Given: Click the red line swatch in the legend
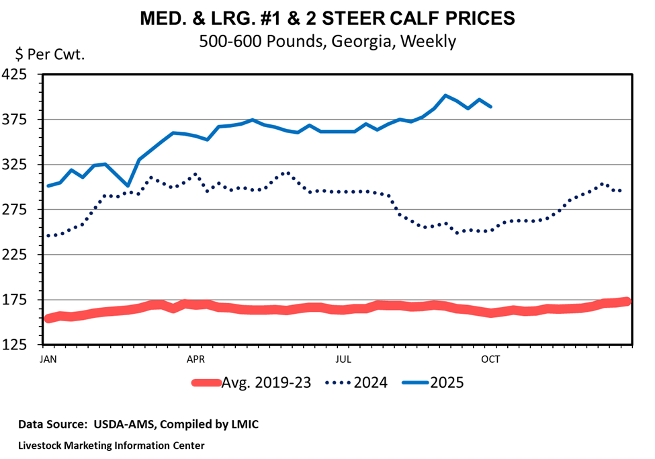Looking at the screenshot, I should tap(206, 382).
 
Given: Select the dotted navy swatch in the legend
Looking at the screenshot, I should tap(338, 382).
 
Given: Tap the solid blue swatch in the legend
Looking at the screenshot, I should tap(415, 382).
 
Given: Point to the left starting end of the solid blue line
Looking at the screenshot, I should tap(48, 185).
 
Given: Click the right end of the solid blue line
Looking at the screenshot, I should tap(491, 107).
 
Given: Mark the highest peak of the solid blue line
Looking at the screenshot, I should tap(445, 95).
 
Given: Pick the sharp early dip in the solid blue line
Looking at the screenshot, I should tap(128, 185).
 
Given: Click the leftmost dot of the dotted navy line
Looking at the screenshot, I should tap(48, 236).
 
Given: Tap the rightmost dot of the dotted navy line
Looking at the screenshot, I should tap(620, 191).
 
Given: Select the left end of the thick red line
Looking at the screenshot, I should tap(48, 319).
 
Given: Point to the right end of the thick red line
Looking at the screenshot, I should tap(627, 302).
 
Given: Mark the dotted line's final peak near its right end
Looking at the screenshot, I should tap(603, 183).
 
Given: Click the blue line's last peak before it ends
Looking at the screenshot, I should tap(480, 99).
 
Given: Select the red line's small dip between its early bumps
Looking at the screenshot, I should tap(174, 308).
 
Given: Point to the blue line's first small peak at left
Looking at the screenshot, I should tap(71, 170).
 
